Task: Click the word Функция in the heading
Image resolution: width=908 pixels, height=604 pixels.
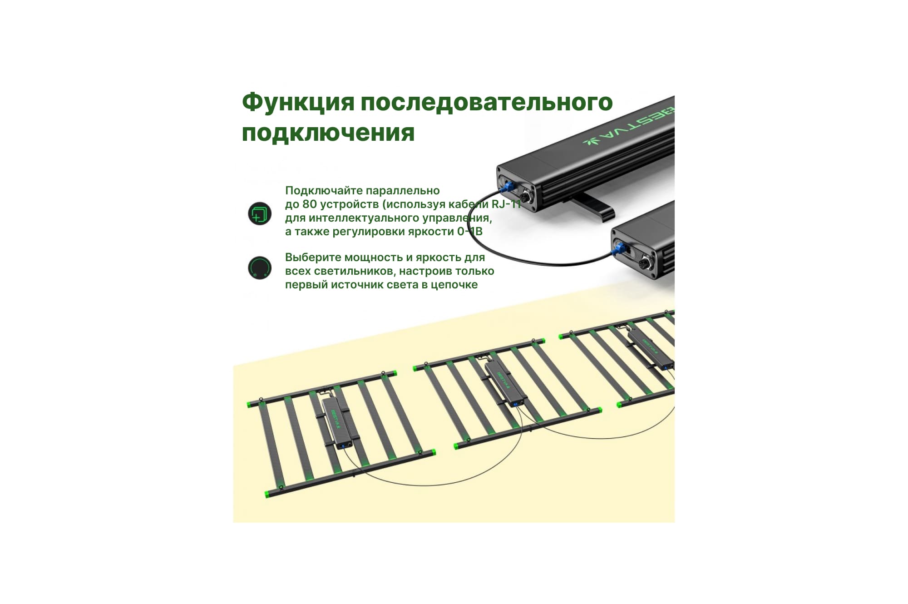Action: pos(298,103)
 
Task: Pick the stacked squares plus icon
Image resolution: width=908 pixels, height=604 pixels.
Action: pos(260,213)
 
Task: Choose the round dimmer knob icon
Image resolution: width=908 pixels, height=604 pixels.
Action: pos(260,268)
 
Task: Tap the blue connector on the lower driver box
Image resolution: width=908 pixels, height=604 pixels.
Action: pos(618,248)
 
